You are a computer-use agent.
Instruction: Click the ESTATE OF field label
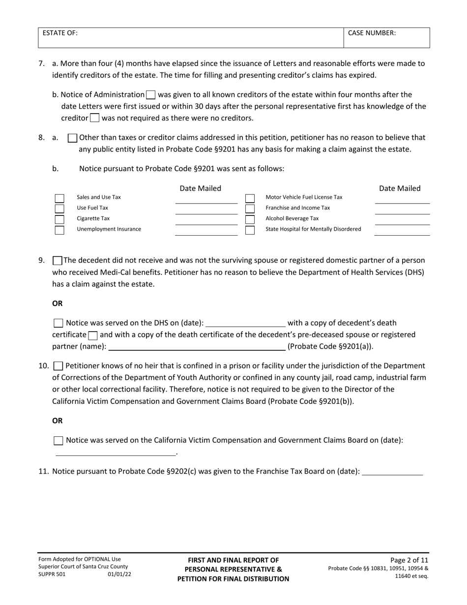pos(60,33)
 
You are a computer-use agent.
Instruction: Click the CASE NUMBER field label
pos(372,33)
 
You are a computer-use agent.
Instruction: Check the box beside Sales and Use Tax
pos(59,199)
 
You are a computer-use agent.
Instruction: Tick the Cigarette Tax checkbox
pos(59,219)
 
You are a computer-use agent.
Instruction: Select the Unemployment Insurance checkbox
pos(59,230)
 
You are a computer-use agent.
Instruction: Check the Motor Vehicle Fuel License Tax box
pos(250,199)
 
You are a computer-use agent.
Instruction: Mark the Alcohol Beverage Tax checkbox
pos(250,219)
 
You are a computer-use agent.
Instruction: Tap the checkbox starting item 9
pos(57,261)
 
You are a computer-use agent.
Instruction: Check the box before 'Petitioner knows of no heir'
pos(58,366)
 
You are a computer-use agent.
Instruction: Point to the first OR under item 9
pos(58,303)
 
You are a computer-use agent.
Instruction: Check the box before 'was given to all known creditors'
pos(151,95)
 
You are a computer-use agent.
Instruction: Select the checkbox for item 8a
pos(72,138)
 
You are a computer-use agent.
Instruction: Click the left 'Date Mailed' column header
pos(200,188)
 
